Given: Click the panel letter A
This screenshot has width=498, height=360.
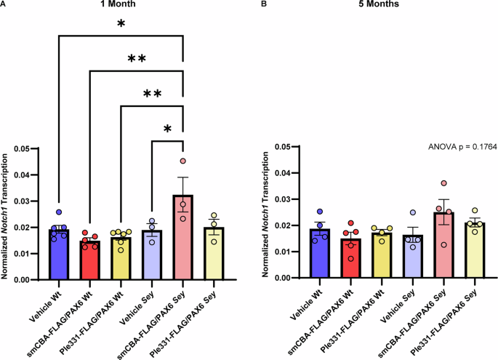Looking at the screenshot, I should coord(4,5).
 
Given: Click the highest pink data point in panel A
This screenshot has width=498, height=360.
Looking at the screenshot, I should coord(183,161).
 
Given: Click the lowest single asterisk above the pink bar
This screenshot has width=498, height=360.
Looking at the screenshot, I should coord(167,129).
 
